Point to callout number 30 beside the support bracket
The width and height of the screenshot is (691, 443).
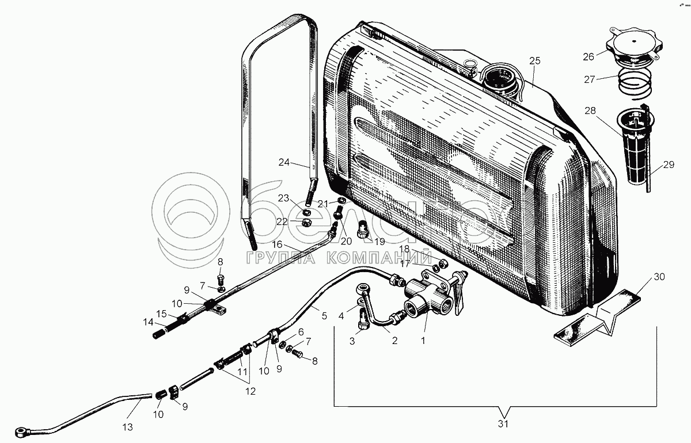click(x=659, y=277)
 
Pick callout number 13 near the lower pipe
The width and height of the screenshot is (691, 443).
click(x=127, y=427)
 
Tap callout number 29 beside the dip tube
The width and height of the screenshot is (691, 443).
click(x=668, y=165)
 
